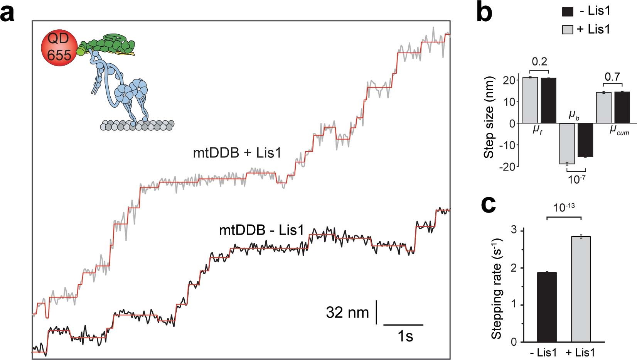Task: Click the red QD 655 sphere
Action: (x=58, y=47)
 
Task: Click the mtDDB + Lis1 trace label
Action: (x=237, y=153)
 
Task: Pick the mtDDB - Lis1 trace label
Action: (x=261, y=230)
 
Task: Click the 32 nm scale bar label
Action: (x=347, y=313)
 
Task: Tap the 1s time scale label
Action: (x=405, y=336)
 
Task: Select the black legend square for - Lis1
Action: (x=568, y=12)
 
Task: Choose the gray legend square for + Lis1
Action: (x=568, y=29)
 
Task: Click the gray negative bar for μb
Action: (x=567, y=144)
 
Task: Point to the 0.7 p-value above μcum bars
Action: (x=612, y=76)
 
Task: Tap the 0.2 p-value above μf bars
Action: (x=539, y=62)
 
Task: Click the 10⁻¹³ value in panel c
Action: (x=564, y=208)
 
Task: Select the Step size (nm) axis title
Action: (x=489, y=123)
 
